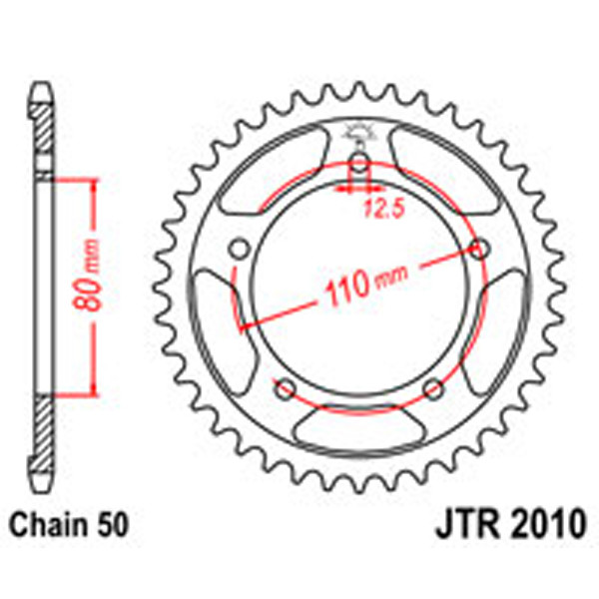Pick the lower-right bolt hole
tap(432, 387)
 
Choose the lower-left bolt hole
tap(286, 387)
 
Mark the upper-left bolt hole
tap(240, 249)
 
